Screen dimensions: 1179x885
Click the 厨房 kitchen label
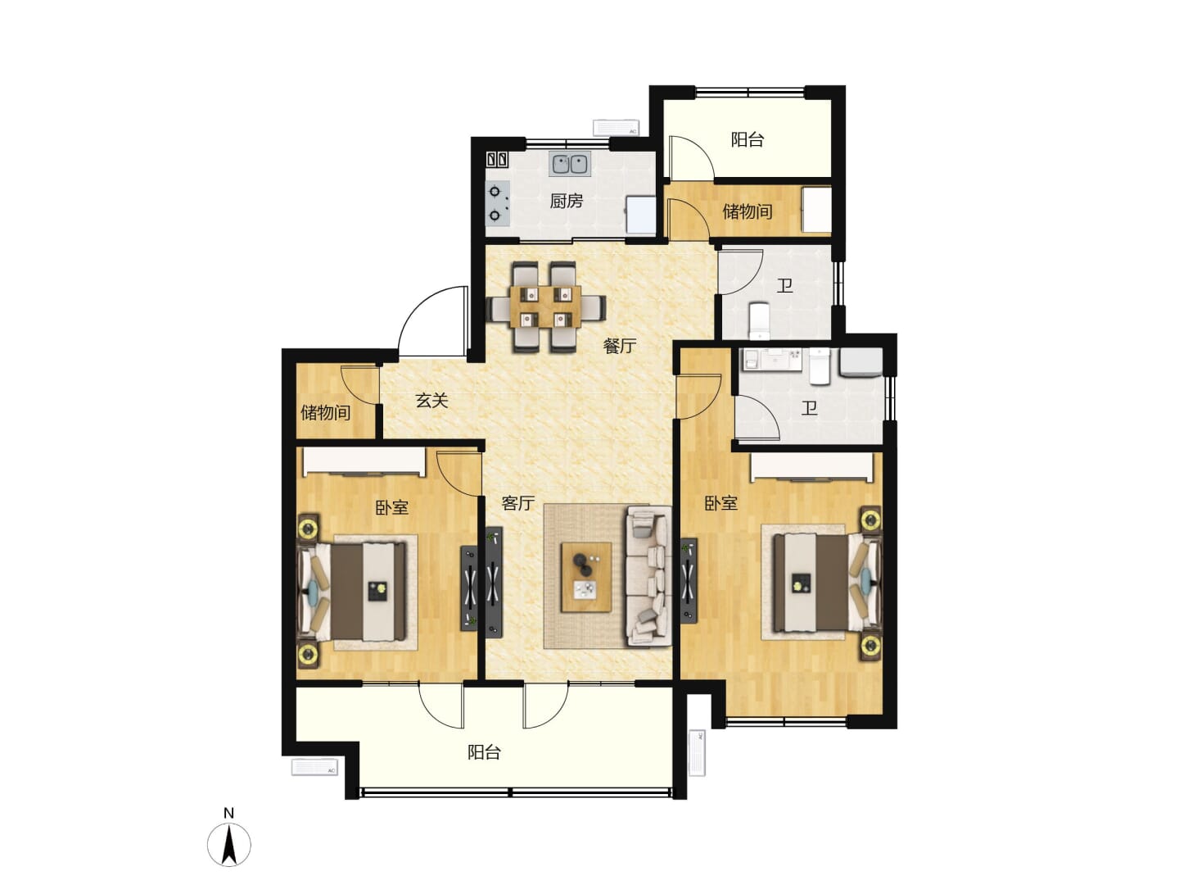click(x=566, y=201)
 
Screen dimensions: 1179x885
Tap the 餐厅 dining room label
click(x=619, y=346)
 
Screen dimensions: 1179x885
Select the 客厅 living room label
click(x=517, y=502)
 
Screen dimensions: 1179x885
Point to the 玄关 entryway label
click(x=431, y=401)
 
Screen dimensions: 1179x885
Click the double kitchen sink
click(x=569, y=164)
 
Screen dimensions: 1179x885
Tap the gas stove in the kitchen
click(x=497, y=204)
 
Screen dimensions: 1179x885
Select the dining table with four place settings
click(x=545, y=306)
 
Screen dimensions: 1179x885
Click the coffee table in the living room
click(x=586, y=577)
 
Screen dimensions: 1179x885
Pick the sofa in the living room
click(x=648, y=575)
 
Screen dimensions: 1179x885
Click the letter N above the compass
click(x=228, y=813)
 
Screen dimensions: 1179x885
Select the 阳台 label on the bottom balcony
click(x=484, y=751)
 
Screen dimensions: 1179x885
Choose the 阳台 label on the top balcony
click(x=748, y=139)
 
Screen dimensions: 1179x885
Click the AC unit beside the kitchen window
click(x=616, y=127)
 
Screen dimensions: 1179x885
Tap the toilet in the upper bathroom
click(x=760, y=320)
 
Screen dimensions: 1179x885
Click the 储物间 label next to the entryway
click(x=326, y=413)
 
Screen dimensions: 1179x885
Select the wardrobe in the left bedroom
click(x=364, y=462)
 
